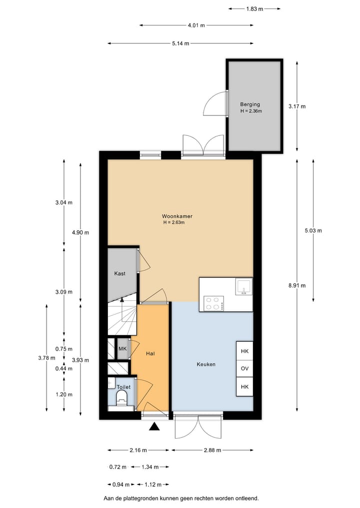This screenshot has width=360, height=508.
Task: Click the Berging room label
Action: (250, 104)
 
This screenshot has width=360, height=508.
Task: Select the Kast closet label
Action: (119, 274)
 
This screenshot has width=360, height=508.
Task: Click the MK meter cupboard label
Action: (122, 349)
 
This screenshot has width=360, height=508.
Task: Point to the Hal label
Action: (150, 354)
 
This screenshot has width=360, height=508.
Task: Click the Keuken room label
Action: (206, 364)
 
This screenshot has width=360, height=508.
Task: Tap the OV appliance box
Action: (244, 369)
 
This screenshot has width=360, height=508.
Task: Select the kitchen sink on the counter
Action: (243, 287)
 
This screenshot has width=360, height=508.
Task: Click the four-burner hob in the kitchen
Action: (213, 303)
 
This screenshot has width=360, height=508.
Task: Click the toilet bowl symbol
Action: (121, 399)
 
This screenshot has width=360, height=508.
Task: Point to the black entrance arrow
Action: (154, 426)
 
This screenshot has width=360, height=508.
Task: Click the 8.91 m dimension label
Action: (297, 286)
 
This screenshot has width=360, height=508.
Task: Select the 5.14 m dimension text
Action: (180, 43)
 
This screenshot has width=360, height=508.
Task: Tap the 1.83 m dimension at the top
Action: (254, 8)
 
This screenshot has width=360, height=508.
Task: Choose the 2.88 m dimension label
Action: (212, 450)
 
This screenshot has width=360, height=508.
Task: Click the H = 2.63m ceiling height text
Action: (174, 223)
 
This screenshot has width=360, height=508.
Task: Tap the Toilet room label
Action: (123, 387)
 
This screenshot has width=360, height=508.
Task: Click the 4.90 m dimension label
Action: (80, 232)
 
